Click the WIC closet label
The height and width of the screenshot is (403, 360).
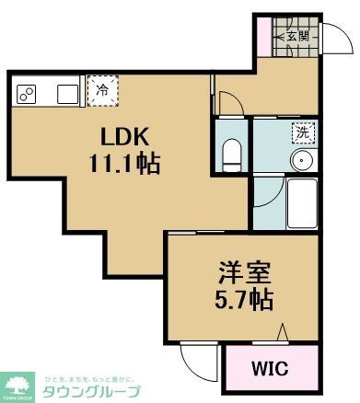pyautogui.click(x=270, y=370)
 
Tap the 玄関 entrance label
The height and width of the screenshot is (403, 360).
pyautogui.click(x=295, y=37)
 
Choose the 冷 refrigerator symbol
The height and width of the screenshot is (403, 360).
pyautogui.click(x=102, y=91)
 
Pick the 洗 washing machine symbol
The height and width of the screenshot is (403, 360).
pyautogui.click(x=301, y=132)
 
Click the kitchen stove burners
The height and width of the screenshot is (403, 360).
pyautogui.click(x=26, y=93)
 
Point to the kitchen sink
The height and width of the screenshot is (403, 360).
pyautogui.click(x=66, y=93)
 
